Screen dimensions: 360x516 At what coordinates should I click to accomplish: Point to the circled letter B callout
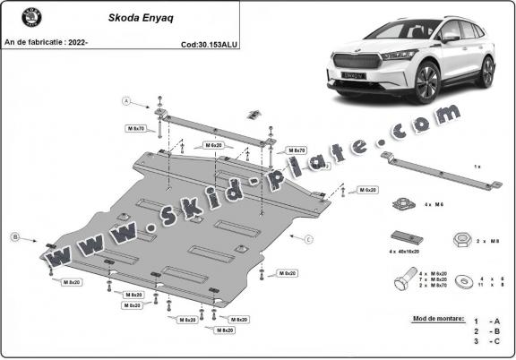[15, 237]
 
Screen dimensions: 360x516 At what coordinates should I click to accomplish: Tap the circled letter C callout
[307, 239]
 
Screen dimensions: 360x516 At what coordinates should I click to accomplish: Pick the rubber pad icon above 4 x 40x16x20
[402, 236]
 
